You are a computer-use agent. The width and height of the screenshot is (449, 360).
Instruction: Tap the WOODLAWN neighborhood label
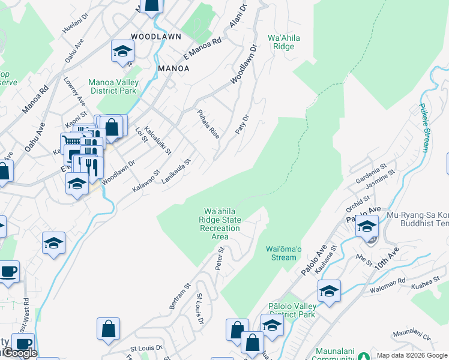(156, 37)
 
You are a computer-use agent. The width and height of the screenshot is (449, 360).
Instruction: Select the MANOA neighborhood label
(173, 68)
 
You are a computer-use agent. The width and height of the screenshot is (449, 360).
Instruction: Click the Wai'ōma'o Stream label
(281, 253)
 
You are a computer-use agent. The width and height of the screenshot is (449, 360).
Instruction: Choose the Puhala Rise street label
(208, 124)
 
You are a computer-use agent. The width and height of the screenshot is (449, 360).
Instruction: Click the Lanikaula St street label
(176, 171)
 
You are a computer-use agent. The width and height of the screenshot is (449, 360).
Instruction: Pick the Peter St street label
(220, 258)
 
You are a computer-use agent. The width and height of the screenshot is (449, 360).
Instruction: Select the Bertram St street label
(179, 296)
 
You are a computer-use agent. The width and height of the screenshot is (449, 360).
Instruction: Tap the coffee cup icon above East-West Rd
(8, 271)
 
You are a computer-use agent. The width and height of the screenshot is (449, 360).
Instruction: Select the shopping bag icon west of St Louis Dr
(108, 329)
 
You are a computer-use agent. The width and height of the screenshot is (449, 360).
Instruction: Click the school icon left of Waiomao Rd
(329, 291)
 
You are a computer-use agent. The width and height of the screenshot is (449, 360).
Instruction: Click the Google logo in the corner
(19, 353)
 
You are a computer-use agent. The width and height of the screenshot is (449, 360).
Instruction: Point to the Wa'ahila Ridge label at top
(286, 41)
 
